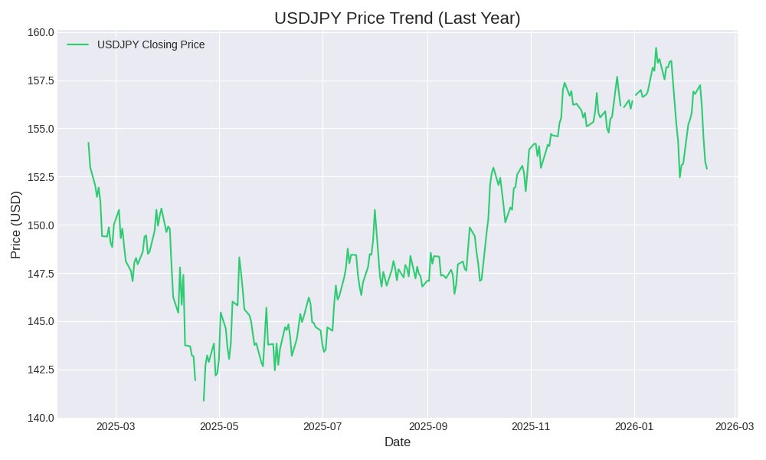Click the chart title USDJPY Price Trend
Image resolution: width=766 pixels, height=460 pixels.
pyautogui.click(x=397, y=18)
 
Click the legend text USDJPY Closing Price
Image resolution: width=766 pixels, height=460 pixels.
pyautogui.click(x=151, y=44)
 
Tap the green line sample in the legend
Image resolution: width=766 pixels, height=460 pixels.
pyautogui.click(x=77, y=44)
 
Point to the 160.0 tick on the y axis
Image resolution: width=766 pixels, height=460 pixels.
pyautogui.click(x=41, y=32)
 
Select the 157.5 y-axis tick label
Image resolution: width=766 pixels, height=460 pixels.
pyautogui.click(x=41, y=80)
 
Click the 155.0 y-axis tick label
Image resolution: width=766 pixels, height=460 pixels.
pyautogui.click(x=41, y=129)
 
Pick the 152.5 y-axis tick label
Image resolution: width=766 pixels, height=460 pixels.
pyautogui.click(x=41, y=177)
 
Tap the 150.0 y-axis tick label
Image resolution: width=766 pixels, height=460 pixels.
pyautogui.click(x=41, y=225)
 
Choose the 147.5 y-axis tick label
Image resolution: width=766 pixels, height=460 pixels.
pyautogui.click(x=41, y=274)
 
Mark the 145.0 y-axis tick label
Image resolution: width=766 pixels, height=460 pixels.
pyautogui.click(x=41, y=321)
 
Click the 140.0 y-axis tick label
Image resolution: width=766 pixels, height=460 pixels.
pyautogui.click(x=41, y=418)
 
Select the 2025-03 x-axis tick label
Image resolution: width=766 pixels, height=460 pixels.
pyautogui.click(x=116, y=426)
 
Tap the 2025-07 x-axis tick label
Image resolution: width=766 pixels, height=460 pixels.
pyautogui.click(x=322, y=426)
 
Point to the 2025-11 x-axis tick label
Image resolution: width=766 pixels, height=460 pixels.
pyautogui.click(x=531, y=426)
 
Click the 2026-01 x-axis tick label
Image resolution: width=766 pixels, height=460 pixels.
pyautogui.click(x=634, y=426)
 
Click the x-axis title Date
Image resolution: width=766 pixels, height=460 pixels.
pyautogui.click(x=397, y=442)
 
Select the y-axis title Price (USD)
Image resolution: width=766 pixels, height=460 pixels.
pyautogui.click(x=16, y=225)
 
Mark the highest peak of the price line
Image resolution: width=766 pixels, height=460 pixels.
pyautogui.click(x=656, y=48)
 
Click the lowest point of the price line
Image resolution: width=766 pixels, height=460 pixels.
pyautogui.click(x=204, y=400)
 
